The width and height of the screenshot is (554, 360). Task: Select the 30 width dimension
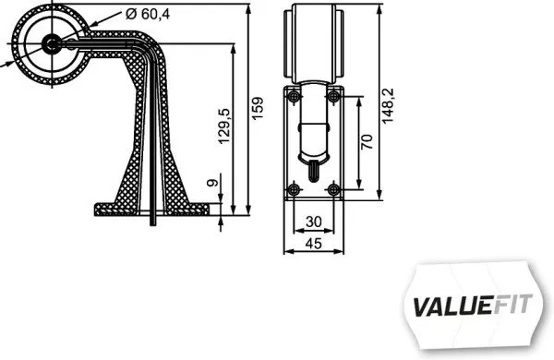click(313, 222)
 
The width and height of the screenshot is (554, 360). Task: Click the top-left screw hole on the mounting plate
click(294, 96)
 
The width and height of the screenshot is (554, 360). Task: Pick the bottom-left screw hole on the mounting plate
click(294, 188)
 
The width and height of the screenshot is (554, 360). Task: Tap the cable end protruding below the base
click(153, 218)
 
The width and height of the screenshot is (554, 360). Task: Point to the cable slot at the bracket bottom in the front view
click(313, 169)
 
